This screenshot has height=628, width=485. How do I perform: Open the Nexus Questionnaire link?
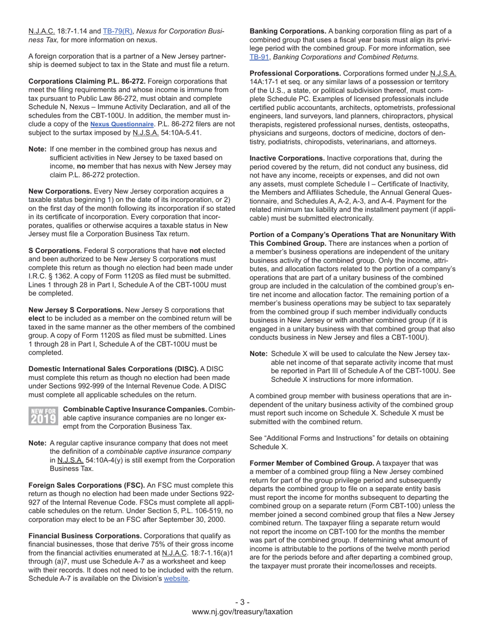pos(122,124)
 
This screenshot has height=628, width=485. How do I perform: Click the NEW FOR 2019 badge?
pos(43,416)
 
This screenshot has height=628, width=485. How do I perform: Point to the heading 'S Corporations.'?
pos(55,251)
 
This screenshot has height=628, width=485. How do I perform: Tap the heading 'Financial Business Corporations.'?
pos(85,536)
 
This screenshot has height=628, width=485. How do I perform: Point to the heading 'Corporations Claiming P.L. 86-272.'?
pos(87,81)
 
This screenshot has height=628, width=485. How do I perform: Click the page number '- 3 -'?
pos(243,602)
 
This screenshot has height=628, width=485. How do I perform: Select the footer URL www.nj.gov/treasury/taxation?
pos(243,612)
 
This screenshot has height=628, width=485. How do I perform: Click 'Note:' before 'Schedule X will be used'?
pos(258,354)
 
